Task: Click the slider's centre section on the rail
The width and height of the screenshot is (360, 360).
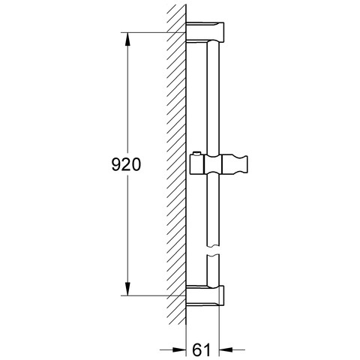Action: (213, 164)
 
